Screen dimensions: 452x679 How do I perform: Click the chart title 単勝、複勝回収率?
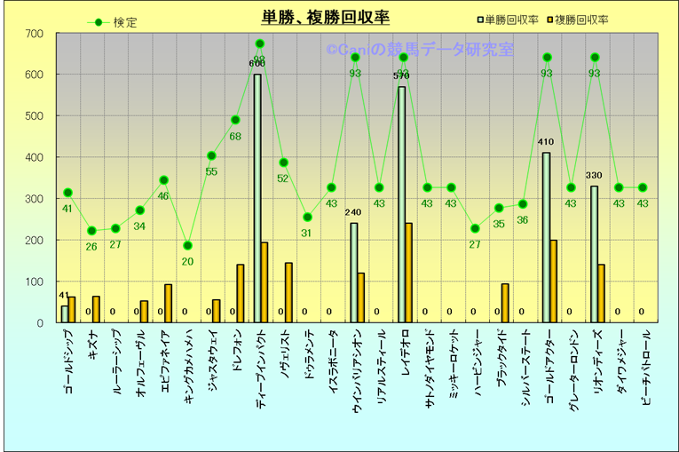[x=325, y=17]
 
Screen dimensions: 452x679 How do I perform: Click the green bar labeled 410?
[x=546, y=237]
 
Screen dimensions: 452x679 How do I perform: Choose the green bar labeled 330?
[x=594, y=254]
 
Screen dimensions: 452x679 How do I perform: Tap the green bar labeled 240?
[x=354, y=273]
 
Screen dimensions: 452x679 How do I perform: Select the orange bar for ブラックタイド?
[x=505, y=303]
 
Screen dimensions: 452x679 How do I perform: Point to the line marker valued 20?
[x=187, y=245]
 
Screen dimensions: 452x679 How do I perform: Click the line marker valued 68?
[x=235, y=120]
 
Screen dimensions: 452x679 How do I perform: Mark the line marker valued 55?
[x=211, y=155]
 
